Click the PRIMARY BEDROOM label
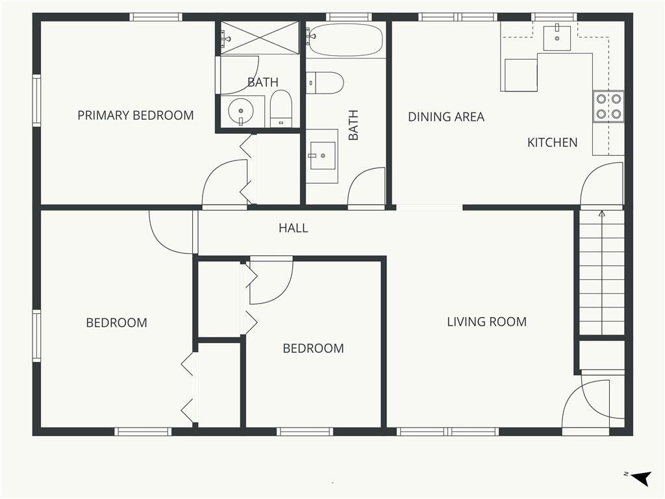[136, 116]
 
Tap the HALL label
[294, 228]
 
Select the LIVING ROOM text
[487, 322]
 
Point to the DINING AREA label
[446, 117]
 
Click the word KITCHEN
[552, 142]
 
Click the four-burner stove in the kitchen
[609, 107]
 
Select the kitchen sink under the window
[557, 38]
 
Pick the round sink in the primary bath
[240, 111]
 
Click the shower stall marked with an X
[260, 38]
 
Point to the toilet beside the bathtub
[325, 83]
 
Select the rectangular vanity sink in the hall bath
[322, 156]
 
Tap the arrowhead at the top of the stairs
[601, 213]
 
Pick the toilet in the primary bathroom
[281, 109]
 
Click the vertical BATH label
[353, 125]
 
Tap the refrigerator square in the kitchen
[521, 75]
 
